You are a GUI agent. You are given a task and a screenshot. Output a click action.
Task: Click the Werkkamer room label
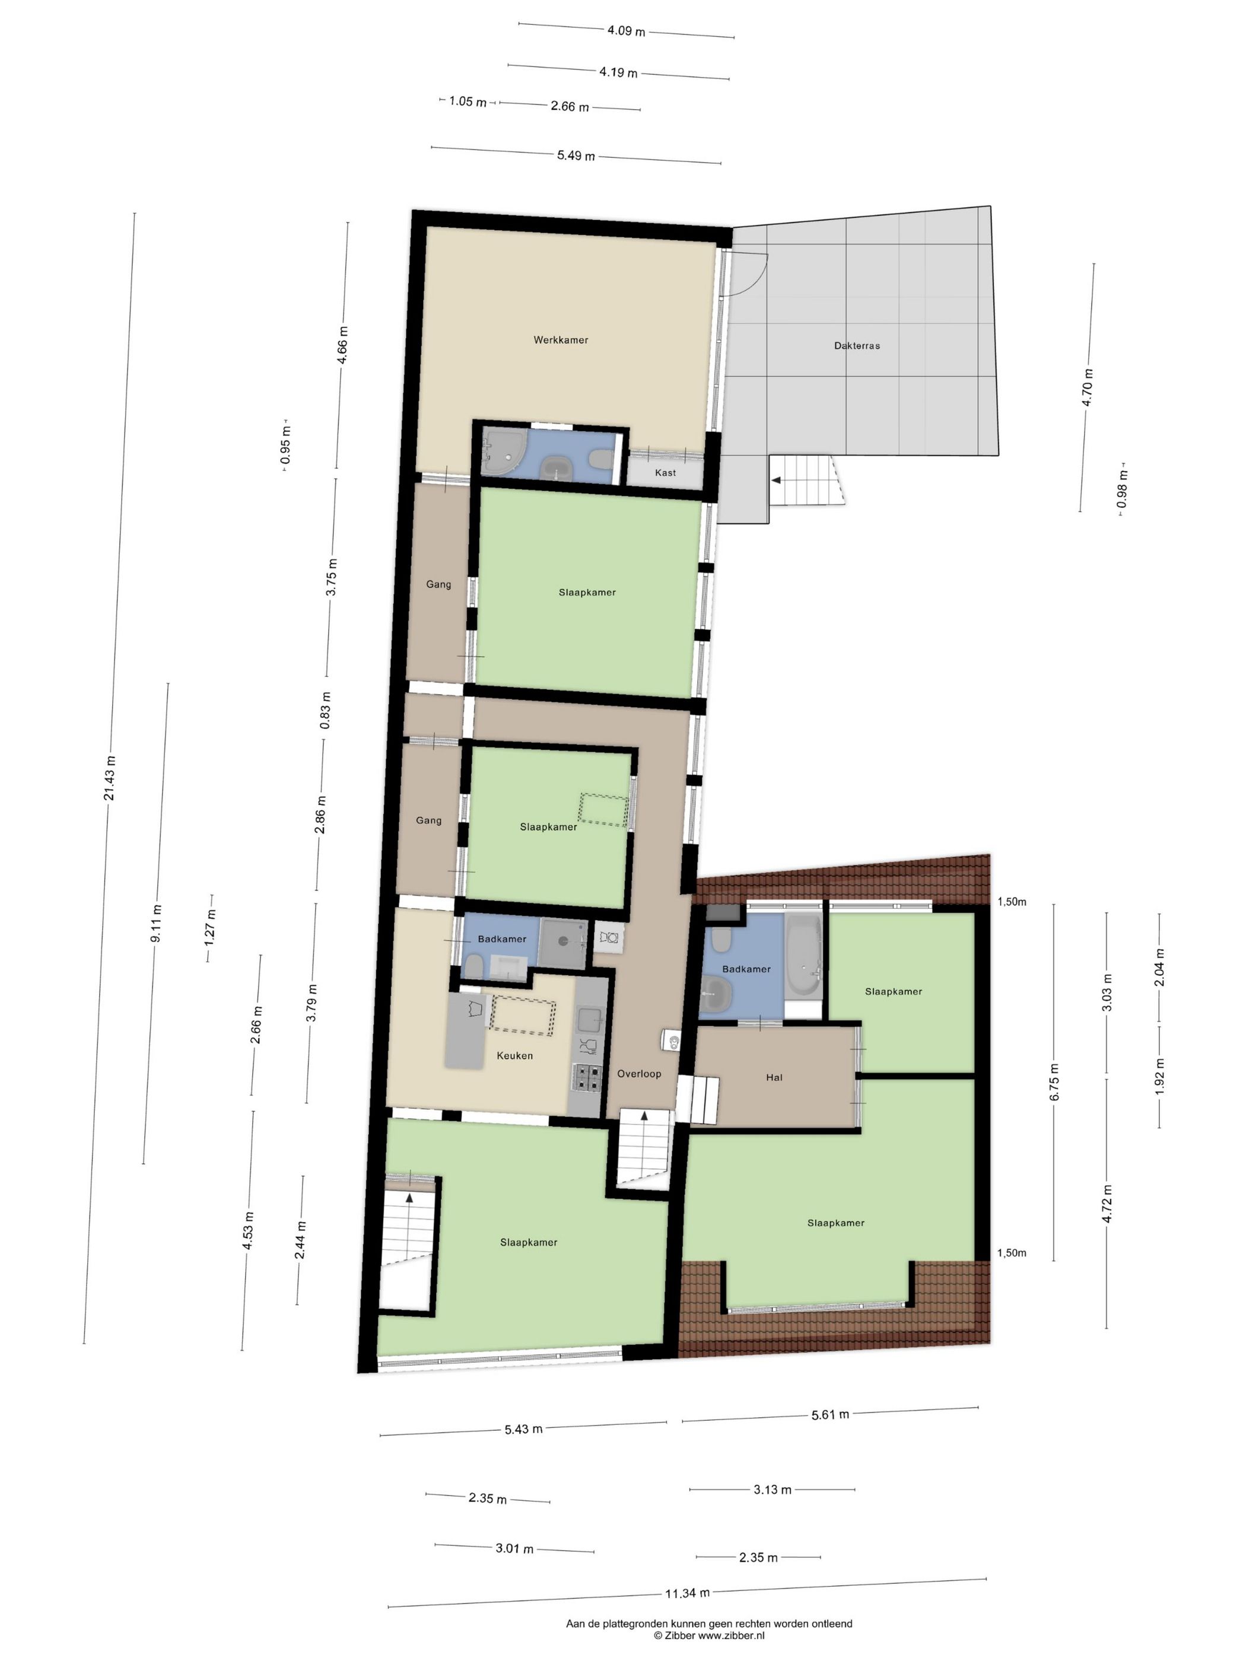point(560,340)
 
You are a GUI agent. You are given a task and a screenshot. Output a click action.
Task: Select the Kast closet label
point(665,473)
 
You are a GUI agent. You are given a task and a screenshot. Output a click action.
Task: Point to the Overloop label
point(639,1074)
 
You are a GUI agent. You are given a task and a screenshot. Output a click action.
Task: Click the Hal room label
point(774,1077)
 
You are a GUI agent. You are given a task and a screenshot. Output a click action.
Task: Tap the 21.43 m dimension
point(110,778)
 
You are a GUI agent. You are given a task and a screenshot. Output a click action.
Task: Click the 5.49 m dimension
point(576,155)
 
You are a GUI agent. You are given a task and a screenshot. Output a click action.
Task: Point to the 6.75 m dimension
point(1055,1083)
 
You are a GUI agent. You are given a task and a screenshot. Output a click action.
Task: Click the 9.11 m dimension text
point(155,924)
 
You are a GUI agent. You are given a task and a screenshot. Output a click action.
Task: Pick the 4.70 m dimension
point(1087,387)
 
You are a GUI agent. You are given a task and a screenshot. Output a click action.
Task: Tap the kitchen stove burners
point(587,1077)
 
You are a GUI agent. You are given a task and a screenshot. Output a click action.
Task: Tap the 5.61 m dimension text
point(830,1415)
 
